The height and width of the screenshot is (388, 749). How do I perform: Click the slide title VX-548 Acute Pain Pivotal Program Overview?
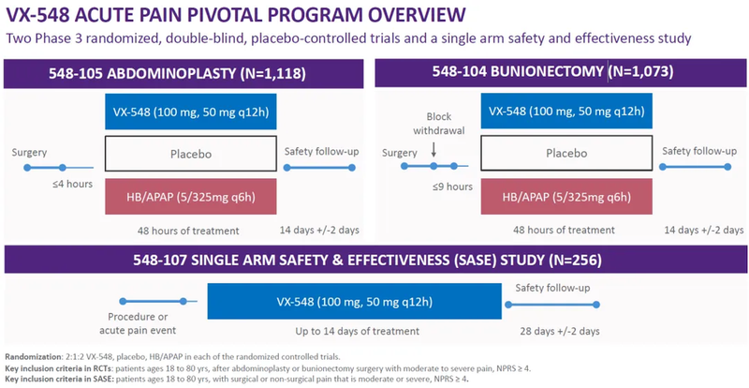(235, 16)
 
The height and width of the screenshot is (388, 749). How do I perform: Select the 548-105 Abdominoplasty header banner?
(186, 72)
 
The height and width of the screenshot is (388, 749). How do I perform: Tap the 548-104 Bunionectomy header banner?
(562, 72)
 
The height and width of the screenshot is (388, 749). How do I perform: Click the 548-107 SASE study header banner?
(374, 260)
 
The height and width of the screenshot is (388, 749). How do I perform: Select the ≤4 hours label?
(72, 184)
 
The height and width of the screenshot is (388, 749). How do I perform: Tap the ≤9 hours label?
(451, 187)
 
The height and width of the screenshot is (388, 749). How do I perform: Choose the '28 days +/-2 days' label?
(561, 331)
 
